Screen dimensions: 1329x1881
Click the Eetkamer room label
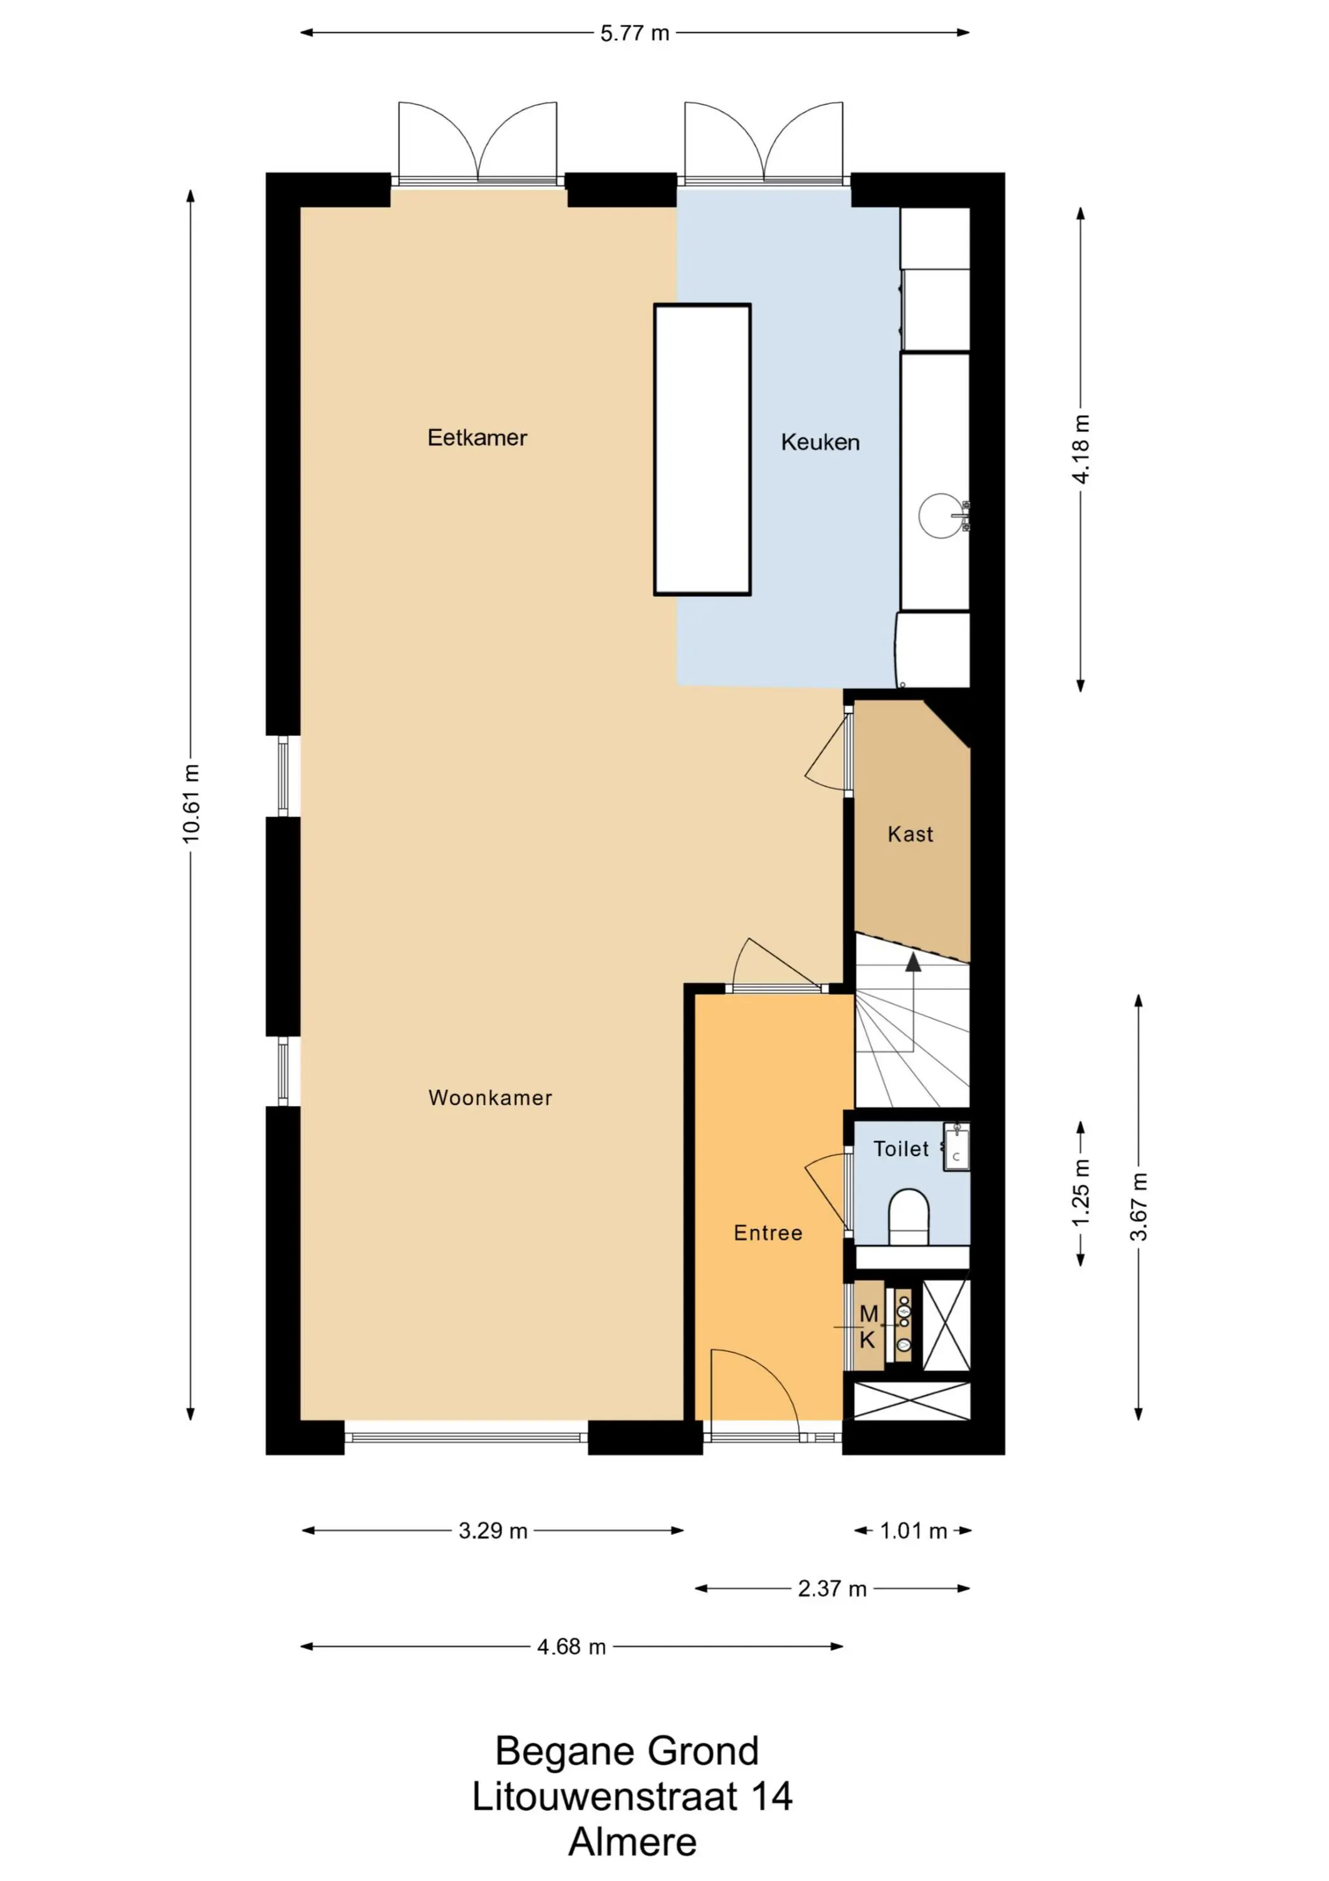tap(477, 438)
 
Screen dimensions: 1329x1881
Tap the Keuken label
tap(820, 443)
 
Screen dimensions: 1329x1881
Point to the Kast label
tap(910, 834)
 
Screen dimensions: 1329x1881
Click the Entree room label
tap(768, 1233)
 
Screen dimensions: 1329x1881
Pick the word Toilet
tap(901, 1149)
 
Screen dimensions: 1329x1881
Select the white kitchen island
tap(702, 450)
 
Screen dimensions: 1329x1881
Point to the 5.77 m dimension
tap(635, 33)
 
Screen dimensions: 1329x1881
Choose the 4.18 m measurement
tap(1081, 449)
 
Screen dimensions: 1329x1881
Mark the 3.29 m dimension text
tap(493, 1531)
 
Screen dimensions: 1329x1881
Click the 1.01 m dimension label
tap(913, 1531)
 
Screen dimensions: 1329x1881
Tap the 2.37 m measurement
tap(832, 1589)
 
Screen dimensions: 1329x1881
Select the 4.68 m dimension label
tap(571, 1647)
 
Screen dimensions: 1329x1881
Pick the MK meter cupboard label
tap(868, 1327)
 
